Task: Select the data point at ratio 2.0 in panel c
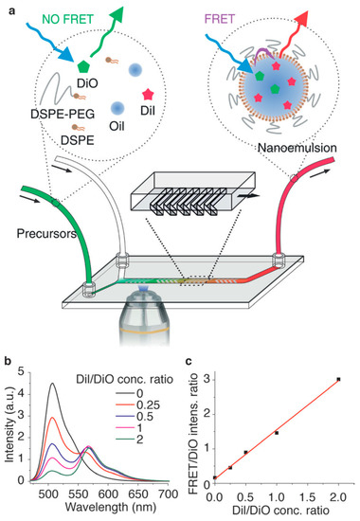pyautogui.click(x=337, y=379)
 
